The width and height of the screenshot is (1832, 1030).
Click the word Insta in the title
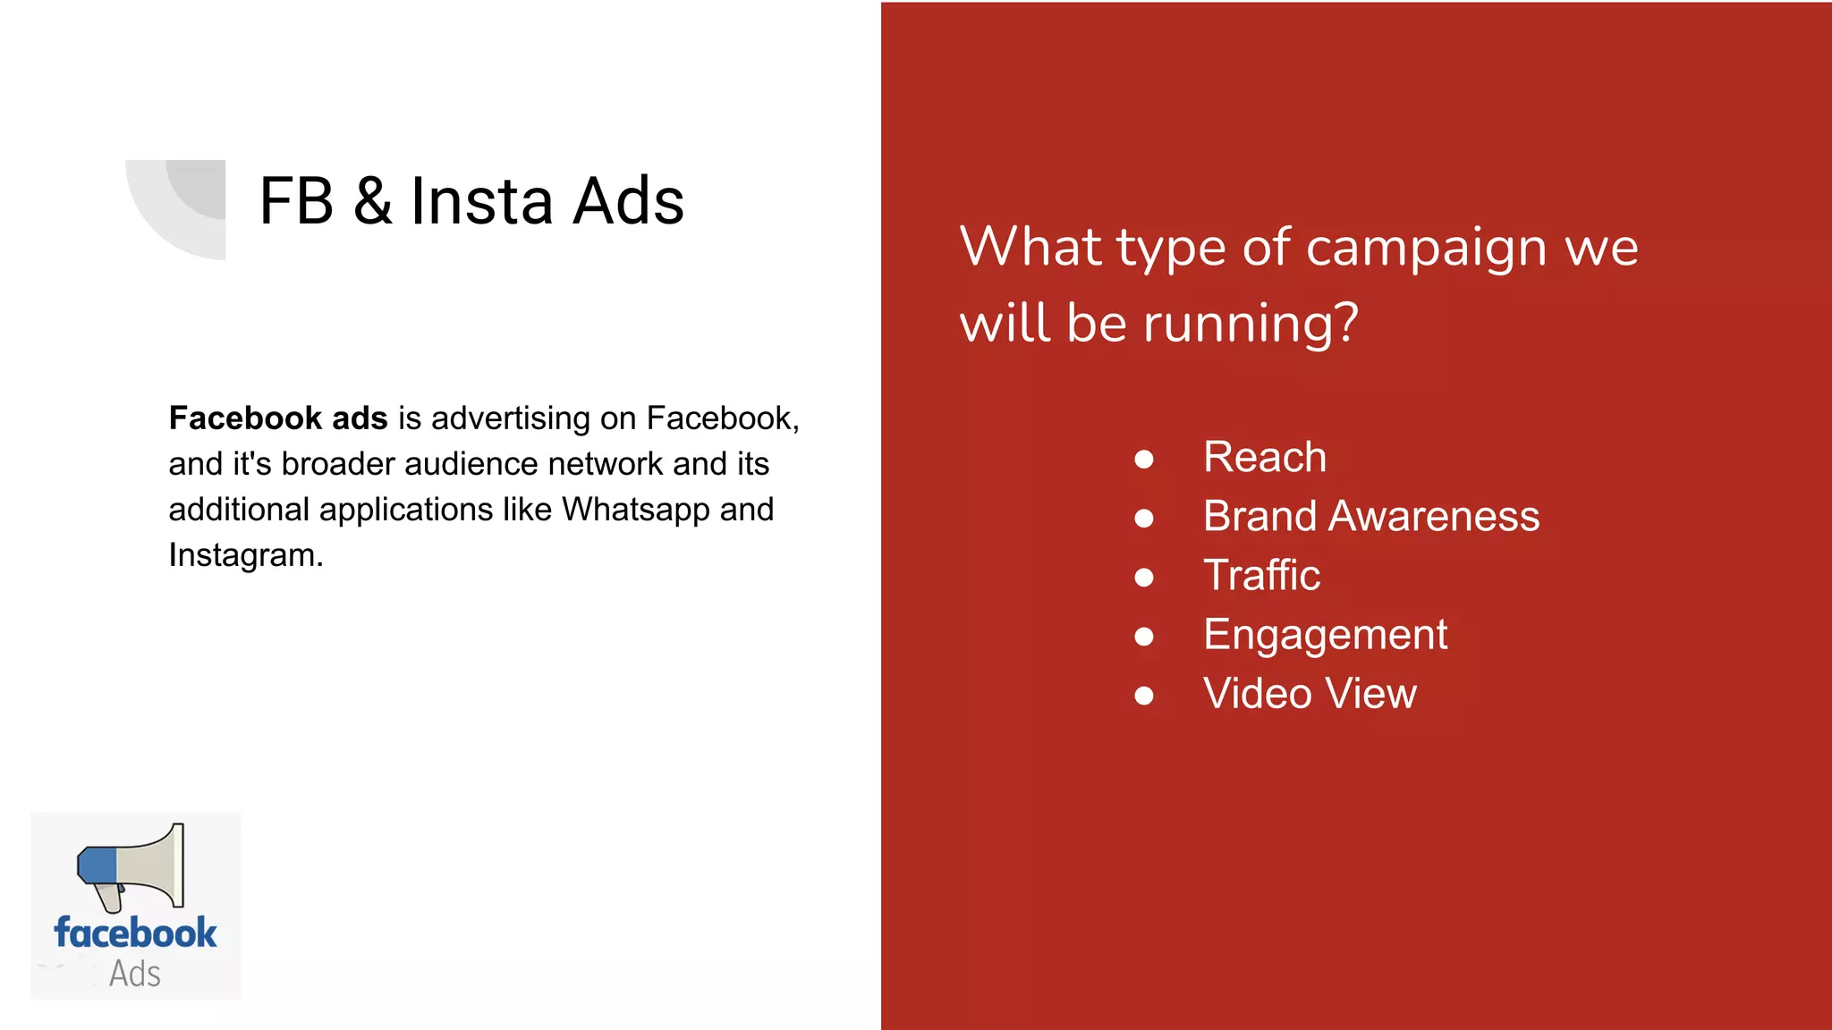482,201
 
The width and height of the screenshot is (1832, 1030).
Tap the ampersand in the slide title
372,201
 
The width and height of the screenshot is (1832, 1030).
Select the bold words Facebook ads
277,418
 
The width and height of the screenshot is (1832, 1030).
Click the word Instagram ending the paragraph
244,555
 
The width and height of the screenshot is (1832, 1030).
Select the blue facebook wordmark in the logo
135,933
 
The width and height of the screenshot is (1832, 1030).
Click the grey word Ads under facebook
135,974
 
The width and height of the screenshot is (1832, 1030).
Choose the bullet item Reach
1264,458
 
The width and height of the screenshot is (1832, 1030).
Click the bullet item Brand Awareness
1370,517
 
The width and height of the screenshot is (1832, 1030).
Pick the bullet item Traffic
1261,576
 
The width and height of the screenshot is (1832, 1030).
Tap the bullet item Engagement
1325,635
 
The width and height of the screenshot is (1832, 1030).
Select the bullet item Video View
1310,694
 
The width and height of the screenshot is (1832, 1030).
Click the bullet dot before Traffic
1143,578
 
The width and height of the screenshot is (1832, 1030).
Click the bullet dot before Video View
1143,696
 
